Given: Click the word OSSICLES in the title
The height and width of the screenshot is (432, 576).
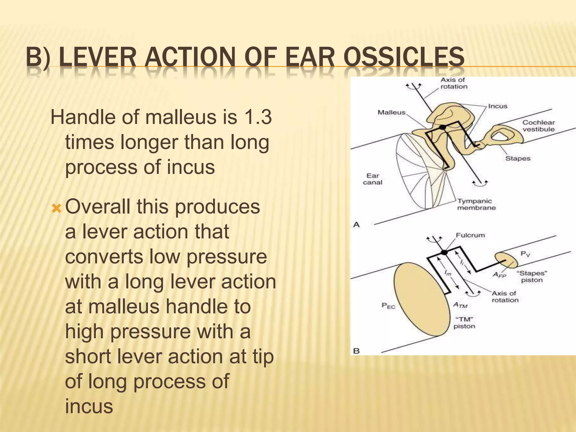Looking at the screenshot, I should click(404, 57).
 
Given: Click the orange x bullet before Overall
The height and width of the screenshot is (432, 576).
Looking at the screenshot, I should click(57, 209).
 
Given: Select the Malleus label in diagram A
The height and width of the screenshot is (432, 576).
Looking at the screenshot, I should click(391, 112).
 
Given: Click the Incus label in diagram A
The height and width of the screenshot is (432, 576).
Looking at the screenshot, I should click(498, 106).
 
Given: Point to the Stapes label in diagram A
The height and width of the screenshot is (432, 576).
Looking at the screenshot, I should click(517, 158).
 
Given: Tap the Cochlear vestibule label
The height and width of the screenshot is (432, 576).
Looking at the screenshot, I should click(538, 126).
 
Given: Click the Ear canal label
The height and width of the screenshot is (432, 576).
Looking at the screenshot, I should click(372, 179).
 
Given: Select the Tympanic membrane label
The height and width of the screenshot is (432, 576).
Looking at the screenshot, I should click(476, 204).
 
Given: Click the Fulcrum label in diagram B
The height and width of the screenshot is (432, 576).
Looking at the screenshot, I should click(470, 235).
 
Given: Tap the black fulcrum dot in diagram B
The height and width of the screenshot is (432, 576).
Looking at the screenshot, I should click(444, 252).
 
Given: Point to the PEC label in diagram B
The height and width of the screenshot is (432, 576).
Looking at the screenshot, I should click(388, 306).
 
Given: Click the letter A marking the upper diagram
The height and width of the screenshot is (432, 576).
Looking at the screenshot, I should click(356, 225).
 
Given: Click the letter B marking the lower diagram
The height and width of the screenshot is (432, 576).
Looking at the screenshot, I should click(356, 351).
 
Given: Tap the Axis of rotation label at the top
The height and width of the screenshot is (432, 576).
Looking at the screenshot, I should click(453, 83).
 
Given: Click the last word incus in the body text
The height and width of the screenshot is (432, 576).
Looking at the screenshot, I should click(89, 406).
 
